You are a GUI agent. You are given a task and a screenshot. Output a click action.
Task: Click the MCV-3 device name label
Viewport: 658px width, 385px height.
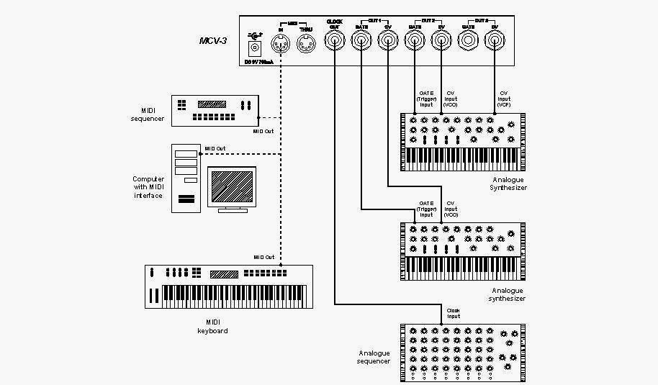pos(213,41)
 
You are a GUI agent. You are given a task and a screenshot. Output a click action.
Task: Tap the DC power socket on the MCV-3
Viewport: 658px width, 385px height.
pos(255,48)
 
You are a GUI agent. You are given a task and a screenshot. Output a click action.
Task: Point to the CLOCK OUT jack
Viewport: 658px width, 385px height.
pos(334,43)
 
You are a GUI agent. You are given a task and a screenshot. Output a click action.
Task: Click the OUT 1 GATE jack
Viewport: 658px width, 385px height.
pos(361,43)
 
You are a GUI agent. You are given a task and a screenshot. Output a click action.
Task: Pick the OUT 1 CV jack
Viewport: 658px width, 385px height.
pos(388,43)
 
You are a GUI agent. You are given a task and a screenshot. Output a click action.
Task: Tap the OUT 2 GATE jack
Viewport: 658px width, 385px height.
pos(415,43)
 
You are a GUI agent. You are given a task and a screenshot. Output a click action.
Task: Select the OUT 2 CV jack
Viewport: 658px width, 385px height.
pos(441,43)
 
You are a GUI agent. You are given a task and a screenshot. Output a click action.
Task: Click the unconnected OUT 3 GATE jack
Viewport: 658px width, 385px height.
pos(469,43)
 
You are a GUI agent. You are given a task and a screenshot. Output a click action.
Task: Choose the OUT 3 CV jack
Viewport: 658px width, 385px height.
pos(495,43)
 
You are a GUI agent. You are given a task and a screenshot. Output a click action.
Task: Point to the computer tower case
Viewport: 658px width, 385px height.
pos(186,177)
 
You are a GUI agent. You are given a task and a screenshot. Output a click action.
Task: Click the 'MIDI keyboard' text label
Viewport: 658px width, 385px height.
pos(212,327)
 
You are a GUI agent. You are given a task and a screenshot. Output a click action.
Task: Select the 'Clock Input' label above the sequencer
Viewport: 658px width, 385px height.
pos(454,314)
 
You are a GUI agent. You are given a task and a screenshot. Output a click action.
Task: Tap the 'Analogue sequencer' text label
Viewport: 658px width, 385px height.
pos(374,357)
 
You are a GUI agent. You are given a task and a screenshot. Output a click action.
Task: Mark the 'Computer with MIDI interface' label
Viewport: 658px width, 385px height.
pos(148,187)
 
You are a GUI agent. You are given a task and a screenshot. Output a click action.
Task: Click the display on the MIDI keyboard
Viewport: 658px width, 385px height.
pos(224,274)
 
